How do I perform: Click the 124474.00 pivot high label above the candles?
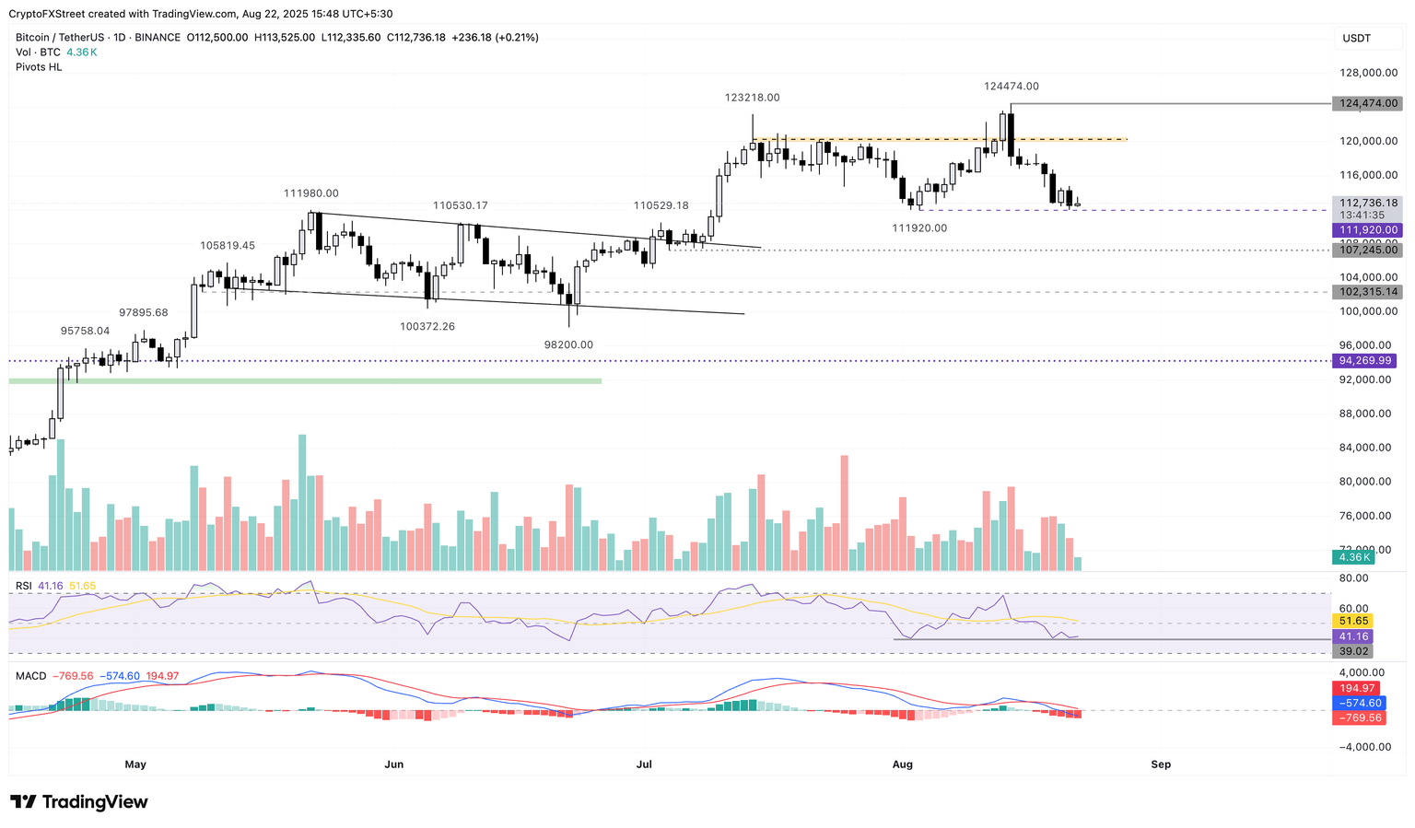[x=1011, y=87]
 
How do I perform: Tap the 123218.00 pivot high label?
[x=752, y=98]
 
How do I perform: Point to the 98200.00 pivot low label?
[x=568, y=345]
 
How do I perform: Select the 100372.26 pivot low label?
[x=427, y=327]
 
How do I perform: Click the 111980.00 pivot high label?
[x=310, y=193]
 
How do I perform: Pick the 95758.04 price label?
[x=85, y=331]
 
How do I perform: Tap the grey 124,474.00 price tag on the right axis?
[x=1367, y=104]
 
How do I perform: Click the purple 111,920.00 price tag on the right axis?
[x=1367, y=230]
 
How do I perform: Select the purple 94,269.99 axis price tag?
[x=1366, y=361]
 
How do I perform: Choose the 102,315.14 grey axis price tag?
[x=1367, y=292]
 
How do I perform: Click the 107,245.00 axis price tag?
[x=1367, y=250]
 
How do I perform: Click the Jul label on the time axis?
[x=644, y=764]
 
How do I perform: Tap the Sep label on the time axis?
[x=1161, y=764]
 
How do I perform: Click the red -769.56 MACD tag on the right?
[x=1359, y=718]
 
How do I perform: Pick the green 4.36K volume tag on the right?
[x=1355, y=557]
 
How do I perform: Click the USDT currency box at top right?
[x=1357, y=38]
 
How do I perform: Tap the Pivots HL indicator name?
[x=39, y=67]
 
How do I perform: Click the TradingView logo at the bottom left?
[x=79, y=802]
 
